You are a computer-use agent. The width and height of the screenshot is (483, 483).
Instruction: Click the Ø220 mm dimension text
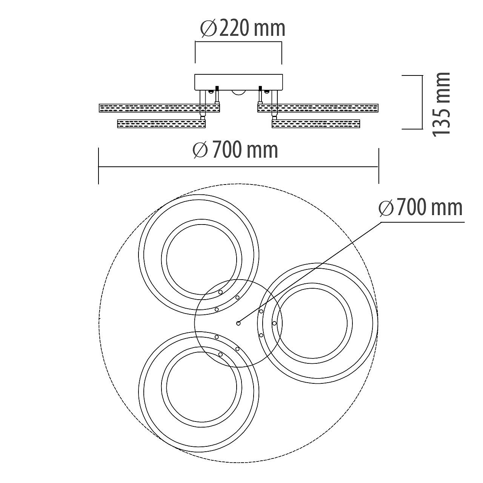(x=243, y=29)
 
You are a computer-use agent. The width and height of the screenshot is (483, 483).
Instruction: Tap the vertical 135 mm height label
(x=441, y=105)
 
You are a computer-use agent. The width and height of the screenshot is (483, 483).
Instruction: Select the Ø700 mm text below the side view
(x=235, y=150)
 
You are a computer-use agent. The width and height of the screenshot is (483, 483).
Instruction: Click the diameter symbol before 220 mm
(x=209, y=29)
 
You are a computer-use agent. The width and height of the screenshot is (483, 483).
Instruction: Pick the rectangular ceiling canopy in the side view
(x=238, y=82)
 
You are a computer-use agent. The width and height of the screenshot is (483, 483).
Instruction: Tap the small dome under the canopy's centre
(x=238, y=92)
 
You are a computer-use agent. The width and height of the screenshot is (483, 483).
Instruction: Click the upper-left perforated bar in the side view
(x=159, y=108)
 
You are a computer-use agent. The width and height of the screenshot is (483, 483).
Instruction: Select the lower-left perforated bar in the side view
(x=162, y=124)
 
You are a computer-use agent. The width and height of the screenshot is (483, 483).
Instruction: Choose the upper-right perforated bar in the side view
(x=318, y=108)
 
